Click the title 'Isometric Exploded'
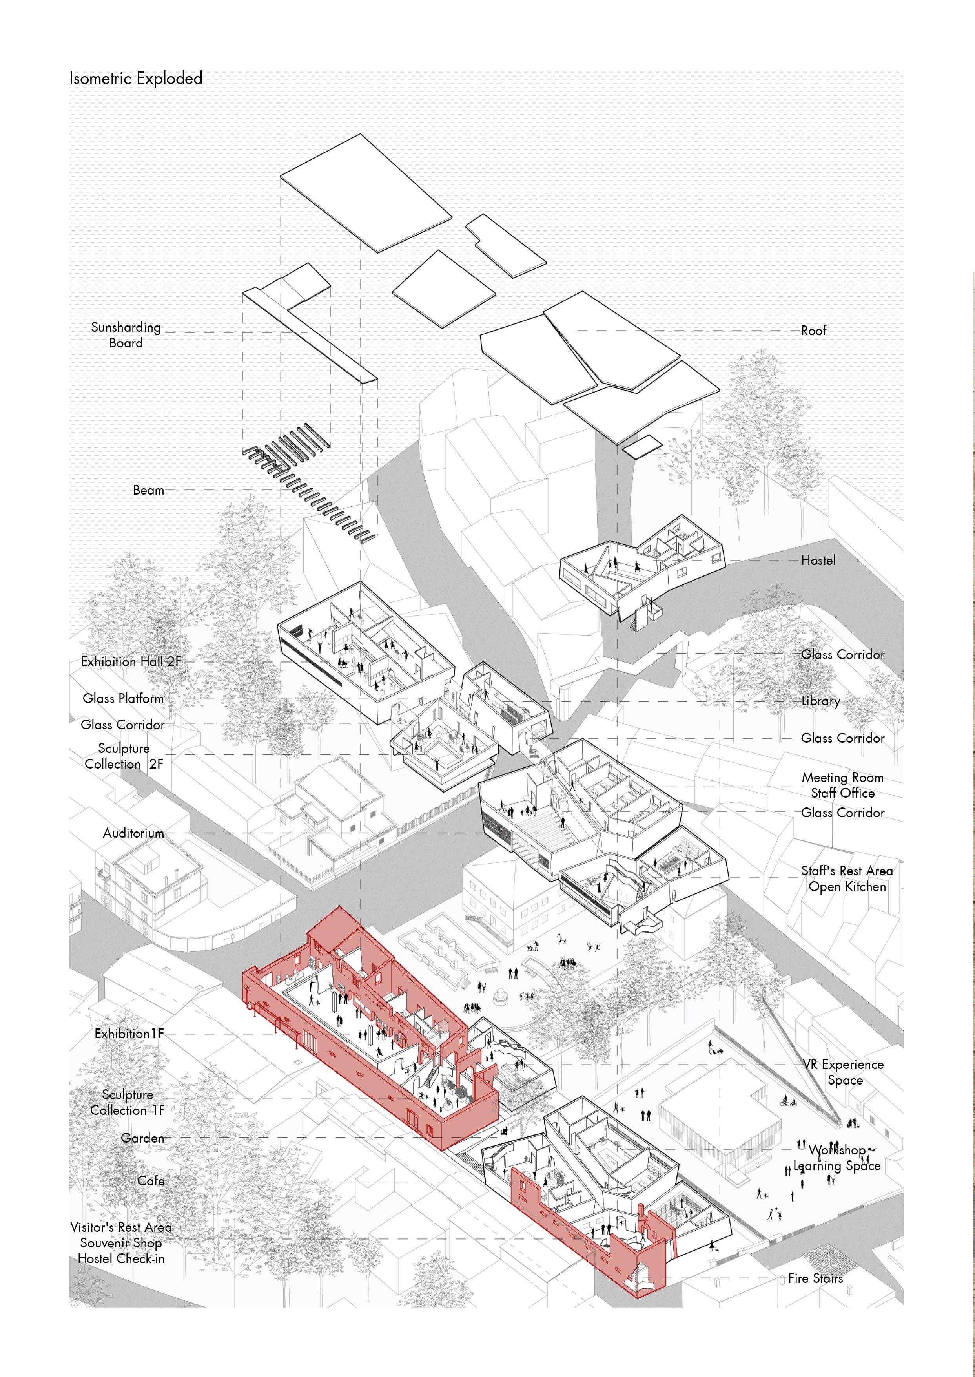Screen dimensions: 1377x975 coord(136,79)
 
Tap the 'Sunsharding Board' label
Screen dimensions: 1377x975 coord(126,335)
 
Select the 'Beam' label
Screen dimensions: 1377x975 coord(148,490)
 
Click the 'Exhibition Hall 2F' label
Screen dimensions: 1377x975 coord(131,662)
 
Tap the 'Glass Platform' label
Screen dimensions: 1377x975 coord(123,698)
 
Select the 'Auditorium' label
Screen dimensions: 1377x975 coord(133,833)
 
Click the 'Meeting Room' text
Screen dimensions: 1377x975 coord(842,778)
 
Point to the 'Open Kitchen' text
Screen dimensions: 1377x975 coord(847,886)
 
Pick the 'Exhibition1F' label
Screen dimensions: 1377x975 coord(129,1034)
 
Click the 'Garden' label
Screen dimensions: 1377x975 coord(142,1138)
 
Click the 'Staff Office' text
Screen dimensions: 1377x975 coord(842,793)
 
